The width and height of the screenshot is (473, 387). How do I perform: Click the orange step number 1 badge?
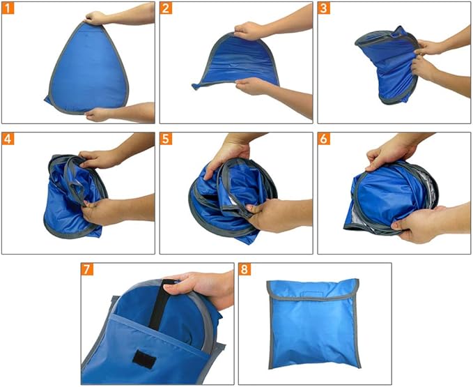tap(8, 8)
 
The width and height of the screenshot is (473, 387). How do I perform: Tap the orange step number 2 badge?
tap(166, 8)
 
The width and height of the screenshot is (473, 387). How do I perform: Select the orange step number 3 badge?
tap(325, 8)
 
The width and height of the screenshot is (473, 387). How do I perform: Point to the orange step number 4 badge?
tap(8, 139)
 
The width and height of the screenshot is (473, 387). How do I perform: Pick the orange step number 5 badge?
tap(166, 139)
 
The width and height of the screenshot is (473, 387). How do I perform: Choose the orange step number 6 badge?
tap(325, 139)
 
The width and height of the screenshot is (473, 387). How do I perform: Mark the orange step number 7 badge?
tap(88, 269)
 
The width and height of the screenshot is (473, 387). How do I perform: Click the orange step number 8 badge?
tap(245, 269)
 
